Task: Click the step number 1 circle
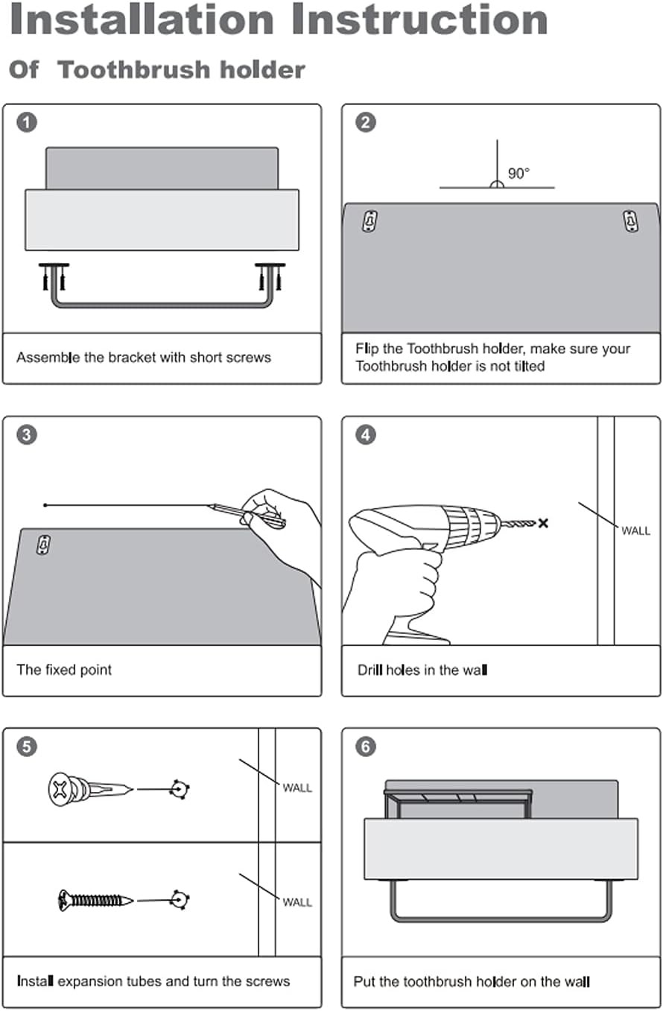click(x=27, y=122)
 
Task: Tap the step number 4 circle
click(x=365, y=434)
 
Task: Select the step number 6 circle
click(x=365, y=747)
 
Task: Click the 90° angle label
click(x=518, y=174)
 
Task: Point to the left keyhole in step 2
click(x=369, y=221)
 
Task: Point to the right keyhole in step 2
click(x=630, y=221)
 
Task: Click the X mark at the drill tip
click(x=543, y=523)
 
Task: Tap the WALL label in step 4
click(x=635, y=531)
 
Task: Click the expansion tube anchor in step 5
click(x=90, y=788)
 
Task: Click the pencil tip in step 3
click(x=209, y=506)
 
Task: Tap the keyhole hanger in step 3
click(x=43, y=545)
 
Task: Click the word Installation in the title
click(x=142, y=21)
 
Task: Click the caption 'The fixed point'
click(x=64, y=670)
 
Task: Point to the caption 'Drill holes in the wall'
click(x=422, y=670)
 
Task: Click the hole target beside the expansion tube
click(x=177, y=789)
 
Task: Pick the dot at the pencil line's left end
click(x=45, y=506)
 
